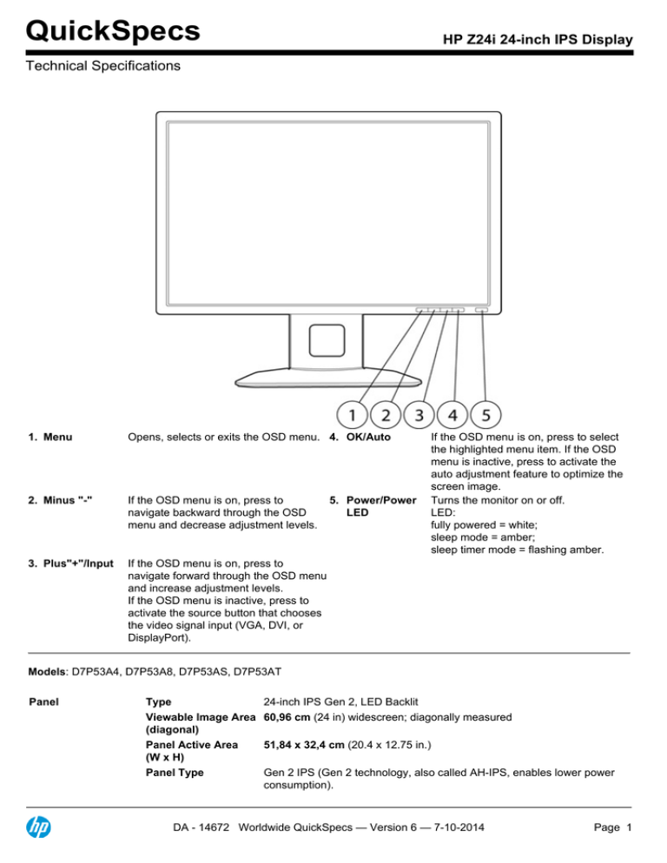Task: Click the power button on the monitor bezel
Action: coord(482,308)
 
